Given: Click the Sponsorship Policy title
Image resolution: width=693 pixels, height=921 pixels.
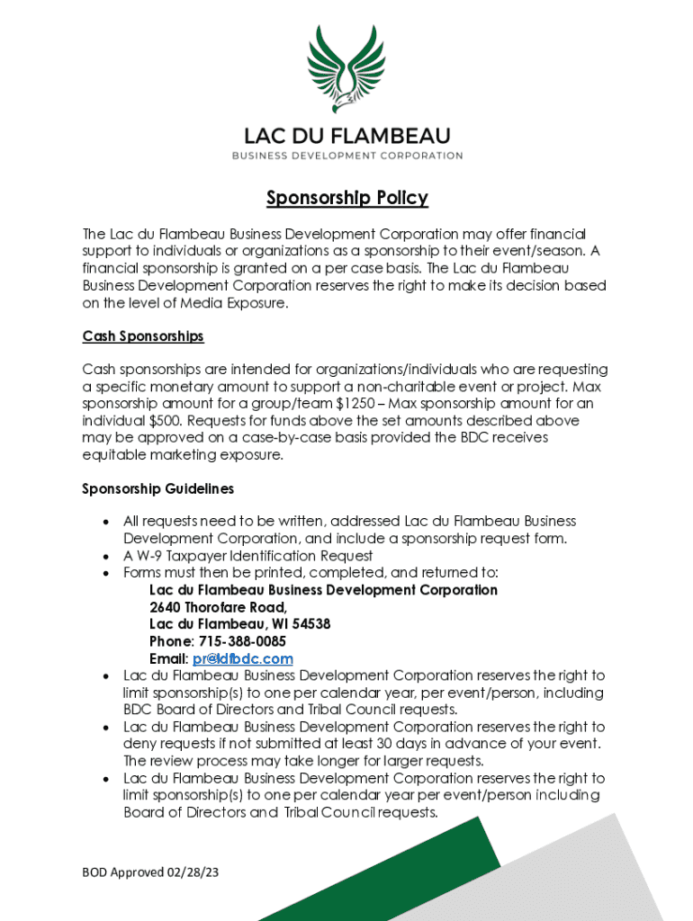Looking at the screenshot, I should point(346,198).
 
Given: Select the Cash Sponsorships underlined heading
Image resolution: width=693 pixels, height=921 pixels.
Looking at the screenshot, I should point(143,336).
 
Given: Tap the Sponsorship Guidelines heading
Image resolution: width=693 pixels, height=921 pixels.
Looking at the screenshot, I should point(158,488).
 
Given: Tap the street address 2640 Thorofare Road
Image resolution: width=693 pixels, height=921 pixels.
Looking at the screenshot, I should point(218,607).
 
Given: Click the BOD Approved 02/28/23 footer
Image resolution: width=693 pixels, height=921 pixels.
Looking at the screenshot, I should point(150,872).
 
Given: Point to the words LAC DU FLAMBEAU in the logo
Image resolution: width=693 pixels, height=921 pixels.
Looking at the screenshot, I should point(346,137).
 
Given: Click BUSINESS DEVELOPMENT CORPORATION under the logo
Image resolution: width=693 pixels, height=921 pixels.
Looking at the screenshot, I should point(346,156).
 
